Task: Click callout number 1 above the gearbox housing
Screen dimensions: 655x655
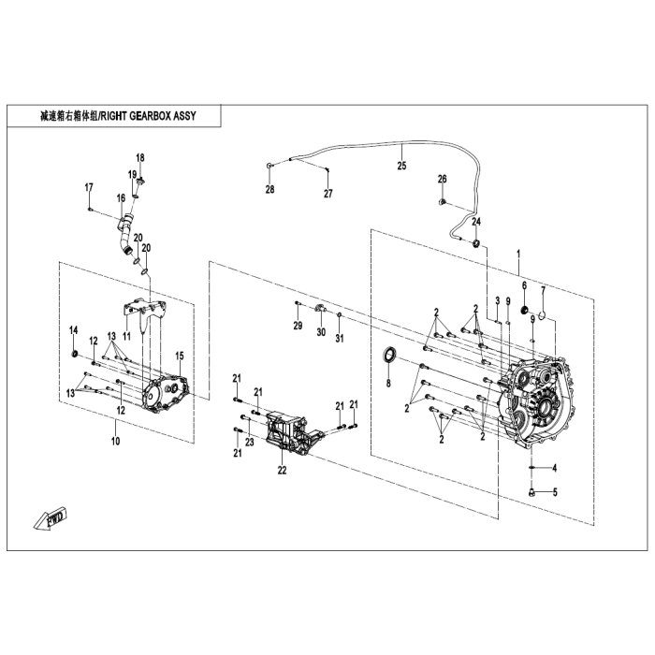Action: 518,253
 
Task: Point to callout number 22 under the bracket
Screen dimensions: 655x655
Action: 282,471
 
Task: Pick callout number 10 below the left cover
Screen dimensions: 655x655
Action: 115,440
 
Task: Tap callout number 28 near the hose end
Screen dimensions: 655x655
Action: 269,190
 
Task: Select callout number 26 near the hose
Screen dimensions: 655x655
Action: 443,179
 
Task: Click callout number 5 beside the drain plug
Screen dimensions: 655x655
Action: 553,492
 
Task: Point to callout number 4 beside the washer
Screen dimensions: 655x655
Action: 553,468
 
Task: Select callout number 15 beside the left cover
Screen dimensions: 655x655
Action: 180,356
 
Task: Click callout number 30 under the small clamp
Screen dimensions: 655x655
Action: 320,332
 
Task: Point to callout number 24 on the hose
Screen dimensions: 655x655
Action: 475,222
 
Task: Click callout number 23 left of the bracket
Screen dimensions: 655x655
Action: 249,441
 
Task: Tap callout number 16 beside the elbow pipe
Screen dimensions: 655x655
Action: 121,197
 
